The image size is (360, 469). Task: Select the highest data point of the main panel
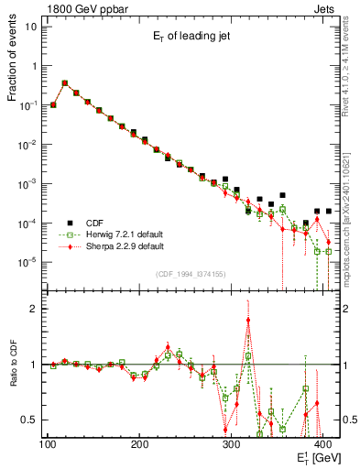tap(64, 82)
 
